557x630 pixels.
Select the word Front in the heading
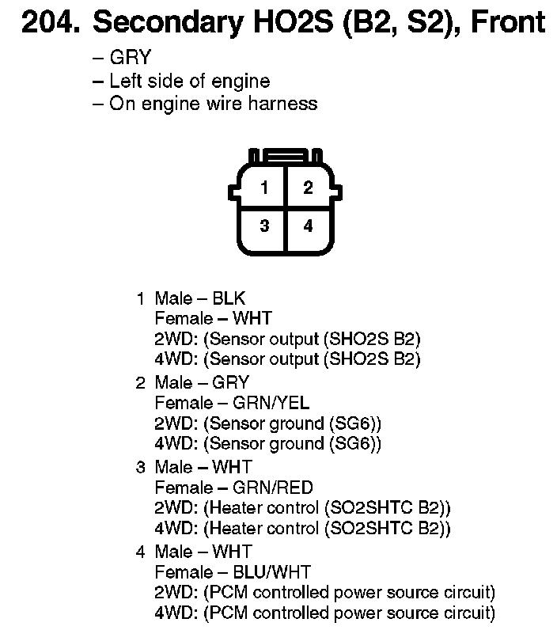point(506,22)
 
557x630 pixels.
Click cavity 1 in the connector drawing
point(264,188)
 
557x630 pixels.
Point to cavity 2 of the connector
point(308,188)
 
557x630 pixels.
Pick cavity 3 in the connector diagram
point(264,226)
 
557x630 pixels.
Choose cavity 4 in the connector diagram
point(308,226)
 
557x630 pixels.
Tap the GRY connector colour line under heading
point(131,58)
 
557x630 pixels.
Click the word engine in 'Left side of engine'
point(242,81)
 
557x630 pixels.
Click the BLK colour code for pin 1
point(229,298)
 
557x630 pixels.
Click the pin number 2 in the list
point(141,383)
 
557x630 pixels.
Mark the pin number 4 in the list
point(141,552)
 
